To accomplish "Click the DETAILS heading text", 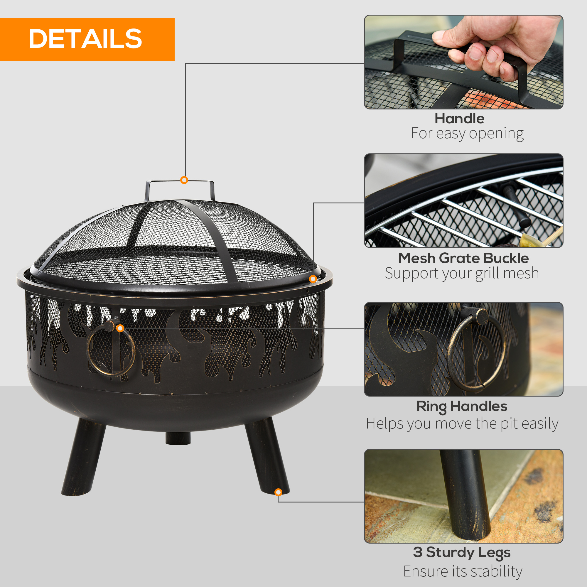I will coord(85,39).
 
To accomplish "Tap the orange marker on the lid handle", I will coord(184,180).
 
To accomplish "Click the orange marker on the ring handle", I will coord(120,328).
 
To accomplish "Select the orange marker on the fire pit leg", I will coord(278,492).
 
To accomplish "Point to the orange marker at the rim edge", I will coord(313,279).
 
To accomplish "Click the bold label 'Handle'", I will coord(459,119).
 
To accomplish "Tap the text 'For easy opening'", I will coord(467,134).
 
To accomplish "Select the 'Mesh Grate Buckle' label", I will coord(463,258).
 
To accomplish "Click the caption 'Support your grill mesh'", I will coord(462,273).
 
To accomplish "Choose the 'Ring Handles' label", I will coord(462,406).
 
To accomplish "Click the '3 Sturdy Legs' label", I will coord(461,552).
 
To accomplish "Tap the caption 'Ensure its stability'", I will coord(463,571).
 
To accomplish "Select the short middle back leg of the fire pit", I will coord(178,438).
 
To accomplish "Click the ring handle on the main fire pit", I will coord(111,349).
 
